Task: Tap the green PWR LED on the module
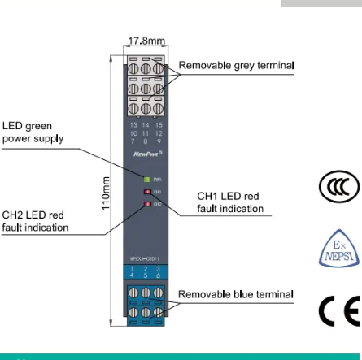click(x=146, y=179)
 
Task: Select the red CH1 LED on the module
click(x=146, y=192)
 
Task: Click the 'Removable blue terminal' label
click(x=236, y=294)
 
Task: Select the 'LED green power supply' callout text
click(x=28, y=132)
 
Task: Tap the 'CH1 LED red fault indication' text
click(x=230, y=202)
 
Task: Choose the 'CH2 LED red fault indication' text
click(x=34, y=221)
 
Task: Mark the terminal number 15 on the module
click(x=159, y=126)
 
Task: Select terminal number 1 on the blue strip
click(x=135, y=268)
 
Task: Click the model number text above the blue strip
click(x=145, y=260)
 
